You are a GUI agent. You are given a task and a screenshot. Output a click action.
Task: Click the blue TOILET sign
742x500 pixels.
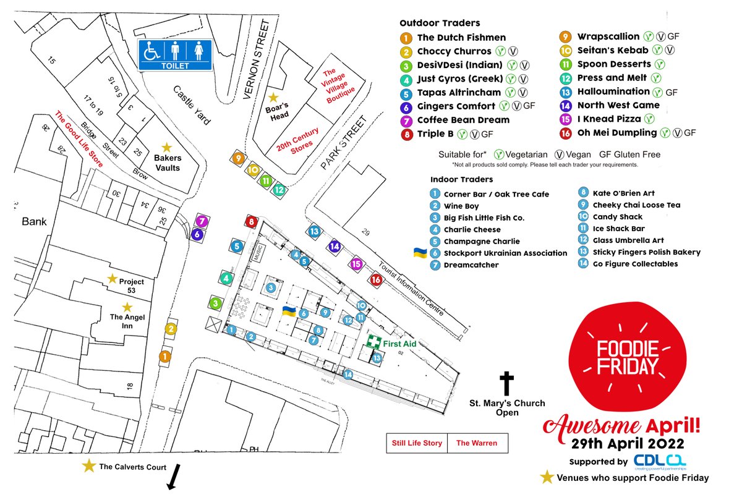pos(174,54)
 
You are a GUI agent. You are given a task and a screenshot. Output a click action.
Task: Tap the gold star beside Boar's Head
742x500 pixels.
pos(272,97)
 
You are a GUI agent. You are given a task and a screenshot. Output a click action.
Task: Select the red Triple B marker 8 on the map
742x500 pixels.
pos(251,221)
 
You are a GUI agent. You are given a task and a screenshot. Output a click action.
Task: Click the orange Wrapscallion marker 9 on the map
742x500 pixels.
pos(239,158)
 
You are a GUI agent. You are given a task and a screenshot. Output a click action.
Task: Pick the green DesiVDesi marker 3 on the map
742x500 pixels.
pos(215,303)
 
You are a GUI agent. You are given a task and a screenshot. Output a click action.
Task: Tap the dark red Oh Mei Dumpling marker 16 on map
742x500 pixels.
pos(376,280)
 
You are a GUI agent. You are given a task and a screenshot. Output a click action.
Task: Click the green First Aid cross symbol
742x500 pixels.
pos(373,342)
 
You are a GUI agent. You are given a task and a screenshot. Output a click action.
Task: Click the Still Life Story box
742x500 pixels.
pos(416,443)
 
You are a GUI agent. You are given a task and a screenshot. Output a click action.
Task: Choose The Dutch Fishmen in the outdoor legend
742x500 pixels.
pos(461,38)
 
